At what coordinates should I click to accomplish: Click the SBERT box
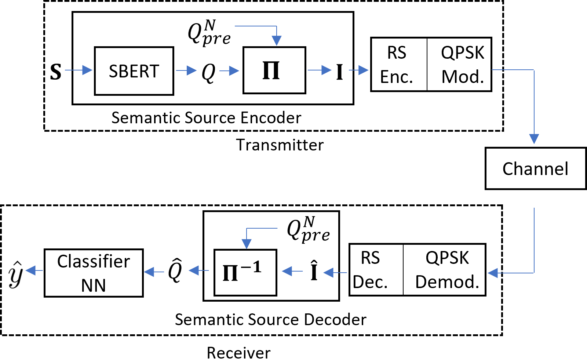coord(134,71)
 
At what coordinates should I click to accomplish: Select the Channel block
coord(535,168)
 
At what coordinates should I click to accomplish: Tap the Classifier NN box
coord(94,273)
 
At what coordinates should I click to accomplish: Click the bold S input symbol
coord(56,72)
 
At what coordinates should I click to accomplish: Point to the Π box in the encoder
coord(274,70)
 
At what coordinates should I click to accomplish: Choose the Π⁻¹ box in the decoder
coord(245,272)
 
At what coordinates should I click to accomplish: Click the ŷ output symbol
coord(15,274)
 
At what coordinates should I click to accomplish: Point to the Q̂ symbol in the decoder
coord(175,270)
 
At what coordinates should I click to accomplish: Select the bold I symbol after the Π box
coord(339,72)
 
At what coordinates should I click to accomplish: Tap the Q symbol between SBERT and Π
coord(208,72)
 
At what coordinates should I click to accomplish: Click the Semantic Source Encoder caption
coord(206,118)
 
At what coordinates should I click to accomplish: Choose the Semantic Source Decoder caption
coord(270,320)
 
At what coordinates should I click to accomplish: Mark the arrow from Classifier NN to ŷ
coord(34,271)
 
